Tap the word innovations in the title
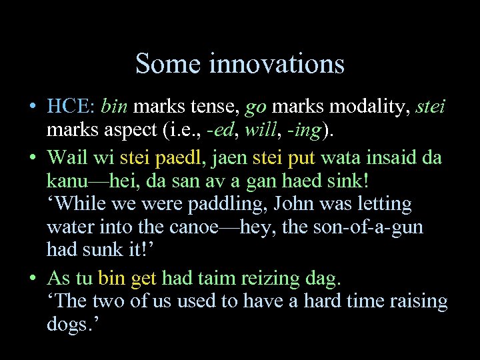click(277, 64)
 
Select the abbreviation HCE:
click(72, 106)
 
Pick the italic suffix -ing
click(304, 130)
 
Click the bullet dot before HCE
click(31, 107)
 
